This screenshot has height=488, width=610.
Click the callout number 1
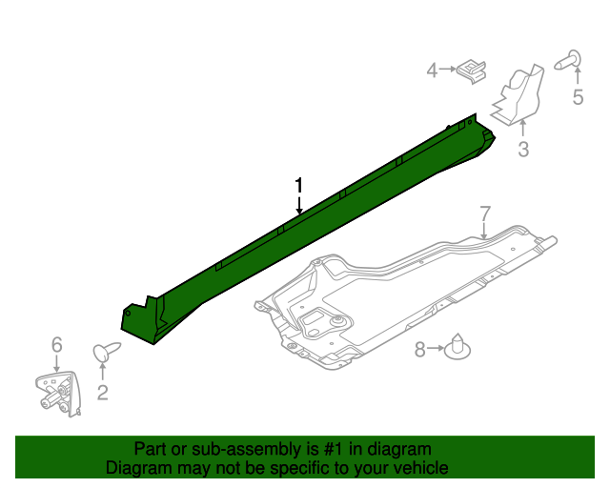click(299, 184)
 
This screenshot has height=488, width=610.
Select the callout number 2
click(102, 391)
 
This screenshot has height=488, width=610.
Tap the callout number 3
click(523, 149)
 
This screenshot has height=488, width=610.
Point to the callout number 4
click(432, 70)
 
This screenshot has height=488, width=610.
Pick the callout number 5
click(577, 96)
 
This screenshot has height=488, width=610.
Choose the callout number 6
click(56, 344)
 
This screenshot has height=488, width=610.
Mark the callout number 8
click(420, 350)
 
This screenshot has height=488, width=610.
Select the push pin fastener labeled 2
click(104, 353)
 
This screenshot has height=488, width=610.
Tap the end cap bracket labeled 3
click(519, 95)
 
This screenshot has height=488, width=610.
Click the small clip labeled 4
click(472, 69)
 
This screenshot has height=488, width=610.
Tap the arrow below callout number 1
click(299, 203)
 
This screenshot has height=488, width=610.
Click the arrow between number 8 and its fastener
click(437, 350)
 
